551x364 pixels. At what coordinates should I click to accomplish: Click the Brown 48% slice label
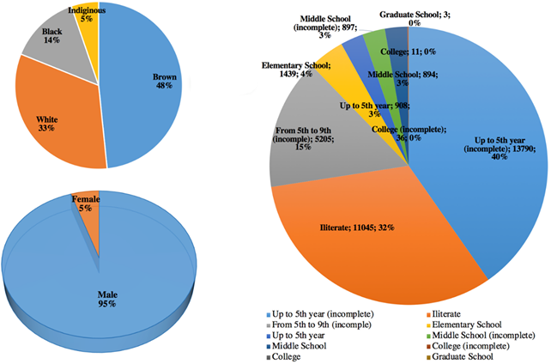point(164,80)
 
